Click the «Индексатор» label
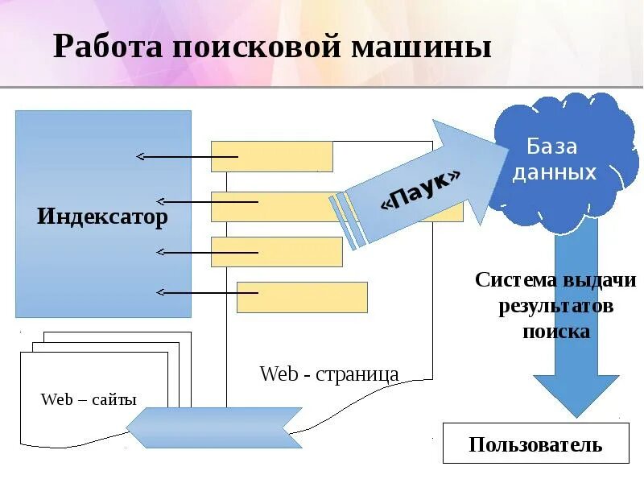click(102, 217)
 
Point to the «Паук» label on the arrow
click(422, 191)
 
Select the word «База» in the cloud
click(552, 147)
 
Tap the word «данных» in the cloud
click(555, 172)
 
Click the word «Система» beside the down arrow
click(515, 280)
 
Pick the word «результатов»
click(555, 306)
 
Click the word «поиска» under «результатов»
click(555, 331)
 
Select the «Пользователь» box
click(535, 444)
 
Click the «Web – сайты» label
click(89, 399)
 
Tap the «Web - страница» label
click(329, 374)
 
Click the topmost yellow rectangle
click(272, 156)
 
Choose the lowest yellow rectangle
click(302, 297)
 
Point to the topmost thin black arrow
click(187, 156)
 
